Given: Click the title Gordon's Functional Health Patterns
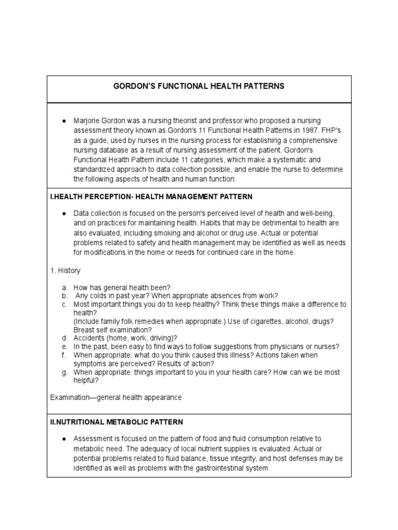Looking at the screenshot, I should [199, 86].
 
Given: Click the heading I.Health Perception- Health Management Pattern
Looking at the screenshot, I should [151, 197].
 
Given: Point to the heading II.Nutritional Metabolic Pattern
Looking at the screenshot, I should [116, 422].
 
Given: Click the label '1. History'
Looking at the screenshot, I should [65, 271].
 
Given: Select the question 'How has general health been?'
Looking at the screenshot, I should [122, 287].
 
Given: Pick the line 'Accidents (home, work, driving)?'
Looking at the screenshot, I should [125, 338].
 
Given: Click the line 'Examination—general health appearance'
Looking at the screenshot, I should [116, 397].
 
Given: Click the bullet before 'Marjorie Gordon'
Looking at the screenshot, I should [63, 121].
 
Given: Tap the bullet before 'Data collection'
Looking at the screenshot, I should [63, 213].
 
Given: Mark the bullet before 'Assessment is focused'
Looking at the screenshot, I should [63, 439].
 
